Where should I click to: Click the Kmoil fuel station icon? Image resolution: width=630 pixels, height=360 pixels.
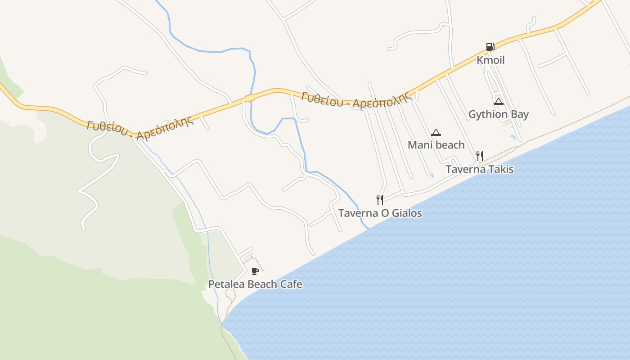pos(490,47)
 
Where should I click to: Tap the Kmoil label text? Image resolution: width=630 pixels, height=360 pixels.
pos(490,60)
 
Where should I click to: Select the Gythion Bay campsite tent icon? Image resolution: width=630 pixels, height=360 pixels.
pos(498,101)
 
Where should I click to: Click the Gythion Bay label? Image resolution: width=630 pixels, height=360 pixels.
pos(499,114)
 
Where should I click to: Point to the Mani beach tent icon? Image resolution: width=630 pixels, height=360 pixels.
pos(436,132)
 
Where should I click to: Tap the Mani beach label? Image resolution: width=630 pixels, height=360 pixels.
pos(436,145)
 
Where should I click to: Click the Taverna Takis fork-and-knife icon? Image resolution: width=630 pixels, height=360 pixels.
pos(480,156)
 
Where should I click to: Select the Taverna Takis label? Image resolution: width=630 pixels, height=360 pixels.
pos(479,169)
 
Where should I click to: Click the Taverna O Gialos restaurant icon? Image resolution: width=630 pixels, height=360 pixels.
pos(380,199)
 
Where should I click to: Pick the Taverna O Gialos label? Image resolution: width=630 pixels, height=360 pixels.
pos(380,213)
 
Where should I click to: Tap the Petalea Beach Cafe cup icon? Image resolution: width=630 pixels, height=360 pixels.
pos(255,271)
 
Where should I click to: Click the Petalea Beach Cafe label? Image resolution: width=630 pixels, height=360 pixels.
pos(255,284)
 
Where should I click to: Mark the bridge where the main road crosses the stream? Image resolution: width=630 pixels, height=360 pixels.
pos(250,98)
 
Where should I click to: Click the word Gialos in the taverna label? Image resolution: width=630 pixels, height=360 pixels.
pos(407,213)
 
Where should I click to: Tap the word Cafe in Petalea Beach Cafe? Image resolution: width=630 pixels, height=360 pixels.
pos(291,284)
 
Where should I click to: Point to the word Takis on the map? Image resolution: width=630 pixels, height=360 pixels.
pos(501,169)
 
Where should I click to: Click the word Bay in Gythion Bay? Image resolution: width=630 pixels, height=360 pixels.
pos(520,114)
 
